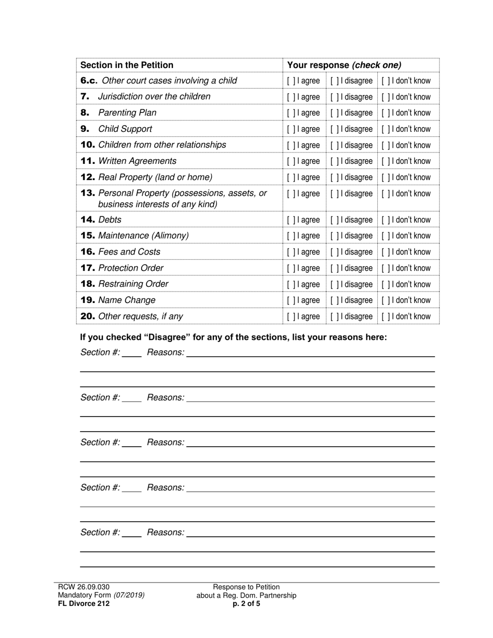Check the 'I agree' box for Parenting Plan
(291, 113)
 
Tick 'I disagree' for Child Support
(334, 129)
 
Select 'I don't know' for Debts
(385, 220)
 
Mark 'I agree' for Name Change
(291, 300)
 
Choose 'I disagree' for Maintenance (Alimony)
(334, 236)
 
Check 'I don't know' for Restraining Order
(385, 284)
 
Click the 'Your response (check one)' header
(344, 65)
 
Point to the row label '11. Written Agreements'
(128, 161)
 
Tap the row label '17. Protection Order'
(122, 268)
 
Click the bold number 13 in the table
(88, 193)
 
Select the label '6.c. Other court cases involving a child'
(158, 80)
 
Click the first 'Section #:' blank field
(132, 353)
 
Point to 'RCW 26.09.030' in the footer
(84, 587)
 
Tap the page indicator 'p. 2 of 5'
(246, 603)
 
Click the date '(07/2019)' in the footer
(129, 595)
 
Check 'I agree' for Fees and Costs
(291, 252)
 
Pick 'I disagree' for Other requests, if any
(334, 316)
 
